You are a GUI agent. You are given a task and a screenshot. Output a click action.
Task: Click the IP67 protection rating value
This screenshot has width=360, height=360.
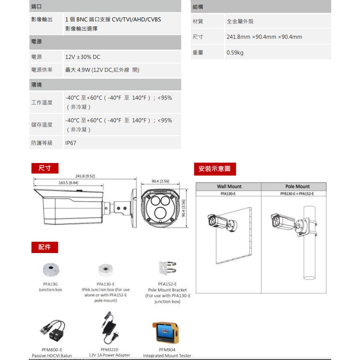[x=71, y=143]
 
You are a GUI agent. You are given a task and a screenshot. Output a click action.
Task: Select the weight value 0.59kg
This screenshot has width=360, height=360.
[x=235, y=53]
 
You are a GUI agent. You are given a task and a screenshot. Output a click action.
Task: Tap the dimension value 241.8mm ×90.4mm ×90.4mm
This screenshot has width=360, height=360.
[x=264, y=37]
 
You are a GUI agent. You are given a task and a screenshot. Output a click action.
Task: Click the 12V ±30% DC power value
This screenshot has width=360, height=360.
[x=83, y=57]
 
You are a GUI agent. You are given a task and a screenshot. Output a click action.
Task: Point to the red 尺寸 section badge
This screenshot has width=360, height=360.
[x=45, y=168]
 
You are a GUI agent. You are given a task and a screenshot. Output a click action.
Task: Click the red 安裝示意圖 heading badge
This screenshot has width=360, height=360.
[x=215, y=168]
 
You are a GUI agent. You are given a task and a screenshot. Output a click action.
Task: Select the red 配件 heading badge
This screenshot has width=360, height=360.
[x=45, y=247]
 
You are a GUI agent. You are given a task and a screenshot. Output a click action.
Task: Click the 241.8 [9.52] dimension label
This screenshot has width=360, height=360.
[x=85, y=176]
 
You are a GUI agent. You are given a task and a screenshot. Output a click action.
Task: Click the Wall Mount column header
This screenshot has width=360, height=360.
[x=229, y=186]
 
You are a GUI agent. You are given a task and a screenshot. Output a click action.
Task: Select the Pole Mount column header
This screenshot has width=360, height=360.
[x=297, y=186]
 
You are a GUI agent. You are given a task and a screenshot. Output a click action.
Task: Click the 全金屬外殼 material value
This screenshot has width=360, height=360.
[x=240, y=22]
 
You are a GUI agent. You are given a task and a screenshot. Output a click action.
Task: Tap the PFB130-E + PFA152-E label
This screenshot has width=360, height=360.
[x=297, y=194]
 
